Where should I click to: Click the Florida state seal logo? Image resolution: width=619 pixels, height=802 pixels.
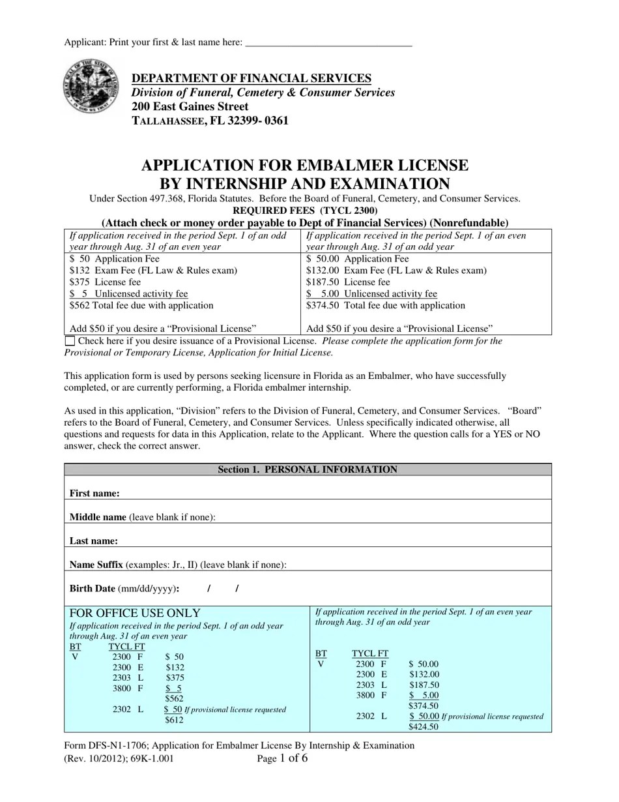pyautogui.click(x=91, y=87)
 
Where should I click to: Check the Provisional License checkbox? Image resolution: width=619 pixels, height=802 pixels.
pyautogui.click(x=70, y=341)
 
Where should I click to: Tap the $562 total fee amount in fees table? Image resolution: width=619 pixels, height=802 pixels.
pyautogui.click(x=80, y=305)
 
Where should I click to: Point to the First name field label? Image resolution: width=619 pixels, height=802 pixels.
pyautogui.click(x=94, y=494)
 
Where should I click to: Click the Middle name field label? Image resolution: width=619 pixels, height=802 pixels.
pyautogui.click(x=98, y=517)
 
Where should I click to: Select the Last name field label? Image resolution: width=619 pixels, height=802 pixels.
pyautogui.click(x=94, y=541)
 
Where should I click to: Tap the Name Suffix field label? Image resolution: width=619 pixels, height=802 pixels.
pyautogui.click(x=96, y=565)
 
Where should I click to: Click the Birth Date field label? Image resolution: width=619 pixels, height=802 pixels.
pyautogui.click(x=93, y=588)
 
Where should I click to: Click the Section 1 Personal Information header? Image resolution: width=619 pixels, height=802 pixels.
pyautogui.click(x=307, y=469)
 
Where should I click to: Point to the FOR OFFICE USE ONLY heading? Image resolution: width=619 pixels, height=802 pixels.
pyautogui.click(x=135, y=613)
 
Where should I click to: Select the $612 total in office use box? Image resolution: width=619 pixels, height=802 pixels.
pyautogui.click(x=174, y=720)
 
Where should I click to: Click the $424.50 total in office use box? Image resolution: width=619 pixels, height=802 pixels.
pyautogui.click(x=423, y=726)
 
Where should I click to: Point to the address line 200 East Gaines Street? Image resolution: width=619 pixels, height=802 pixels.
pyautogui.click(x=190, y=106)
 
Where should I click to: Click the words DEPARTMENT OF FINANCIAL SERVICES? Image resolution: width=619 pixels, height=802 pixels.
pyautogui.click(x=252, y=78)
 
